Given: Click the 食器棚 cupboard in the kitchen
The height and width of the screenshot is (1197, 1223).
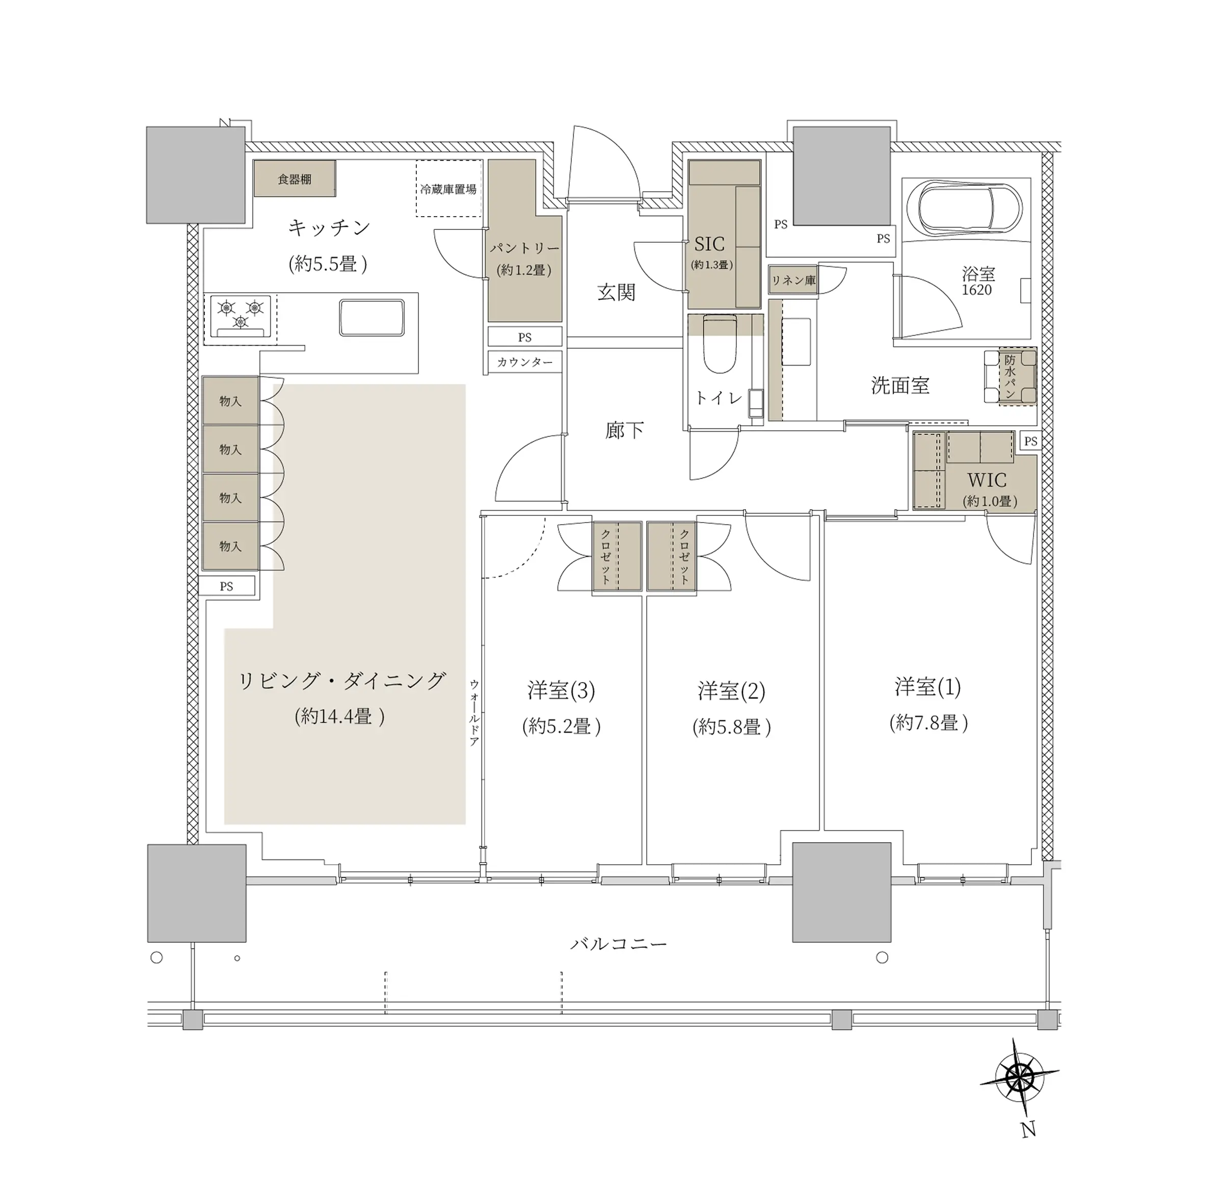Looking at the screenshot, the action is [x=294, y=178].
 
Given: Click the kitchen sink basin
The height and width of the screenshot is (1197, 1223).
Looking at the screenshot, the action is [x=371, y=318].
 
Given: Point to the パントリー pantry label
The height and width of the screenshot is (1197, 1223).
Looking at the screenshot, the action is [x=524, y=248].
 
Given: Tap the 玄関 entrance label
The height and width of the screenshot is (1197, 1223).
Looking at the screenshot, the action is [x=617, y=292].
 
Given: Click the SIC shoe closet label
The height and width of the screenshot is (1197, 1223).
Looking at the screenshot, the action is [x=709, y=243].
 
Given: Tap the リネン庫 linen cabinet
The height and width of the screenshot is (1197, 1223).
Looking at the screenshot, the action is [x=792, y=280].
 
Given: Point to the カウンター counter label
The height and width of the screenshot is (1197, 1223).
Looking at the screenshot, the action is [x=525, y=362].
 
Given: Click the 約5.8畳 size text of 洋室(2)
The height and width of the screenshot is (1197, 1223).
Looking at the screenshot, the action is [x=732, y=727].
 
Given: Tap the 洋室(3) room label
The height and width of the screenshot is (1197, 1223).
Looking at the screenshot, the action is [x=561, y=690].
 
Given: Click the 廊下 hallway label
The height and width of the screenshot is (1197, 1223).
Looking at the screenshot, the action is [x=625, y=430].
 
